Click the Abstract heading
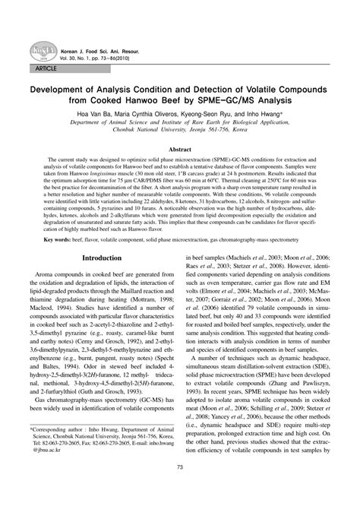point(179,150)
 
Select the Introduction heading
point(102,258)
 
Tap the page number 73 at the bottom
point(180,488)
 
